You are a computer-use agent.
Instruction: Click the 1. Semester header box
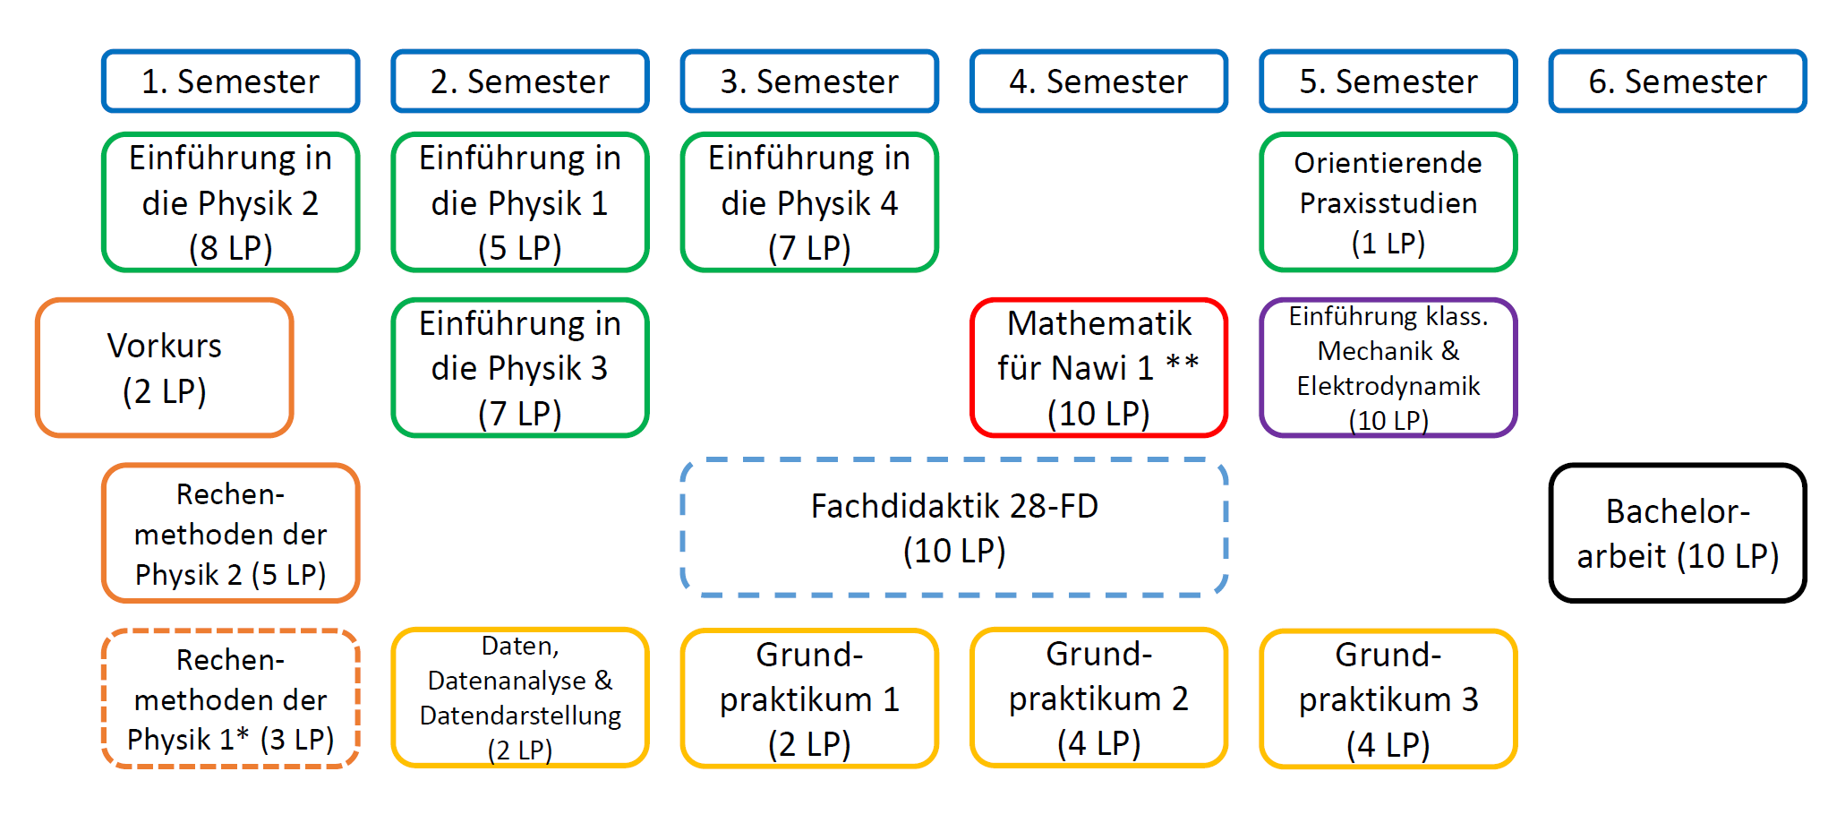(x=231, y=81)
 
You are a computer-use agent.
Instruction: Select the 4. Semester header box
(x=1099, y=81)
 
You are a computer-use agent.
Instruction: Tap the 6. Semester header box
(x=1678, y=81)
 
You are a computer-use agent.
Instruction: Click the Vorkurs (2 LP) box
(x=165, y=368)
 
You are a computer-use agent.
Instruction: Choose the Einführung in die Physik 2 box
(x=231, y=202)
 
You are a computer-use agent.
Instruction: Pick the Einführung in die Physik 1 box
(x=520, y=202)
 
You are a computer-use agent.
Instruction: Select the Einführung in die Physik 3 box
(x=520, y=368)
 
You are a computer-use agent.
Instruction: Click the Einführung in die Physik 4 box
(x=810, y=202)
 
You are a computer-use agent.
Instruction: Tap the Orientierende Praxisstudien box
(x=1388, y=202)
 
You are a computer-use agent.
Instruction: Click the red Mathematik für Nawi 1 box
(x=1099, y=368)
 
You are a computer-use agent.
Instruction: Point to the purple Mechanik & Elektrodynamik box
(x=1388, y=368)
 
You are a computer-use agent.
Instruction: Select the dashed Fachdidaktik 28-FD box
(x=954, y=527)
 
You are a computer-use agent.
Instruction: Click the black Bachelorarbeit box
(x=1678, y=533)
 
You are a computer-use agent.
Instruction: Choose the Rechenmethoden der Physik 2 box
(x=231, y=533)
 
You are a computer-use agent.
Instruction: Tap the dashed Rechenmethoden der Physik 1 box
(x=231, y=699)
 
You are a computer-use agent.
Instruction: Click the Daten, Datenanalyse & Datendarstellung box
(x=520, y=698)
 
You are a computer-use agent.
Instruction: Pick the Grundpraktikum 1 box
(x=810, y=699)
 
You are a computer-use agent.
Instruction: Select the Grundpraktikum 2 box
(x=1099, y=698)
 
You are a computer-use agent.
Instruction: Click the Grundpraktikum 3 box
(x=1388, y=699)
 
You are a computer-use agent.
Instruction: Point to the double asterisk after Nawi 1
(x=1182, y=363)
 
